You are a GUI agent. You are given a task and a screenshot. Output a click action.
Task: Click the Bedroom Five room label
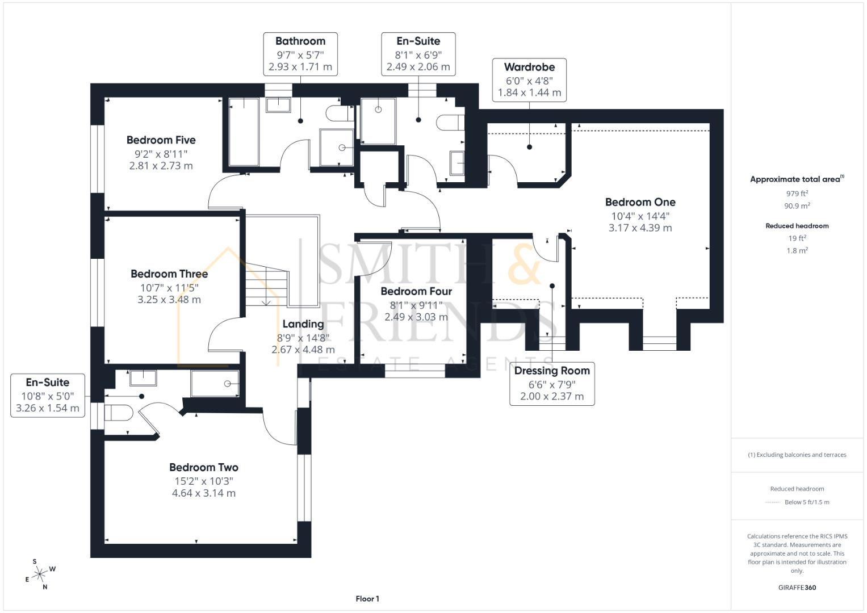click(161, 140)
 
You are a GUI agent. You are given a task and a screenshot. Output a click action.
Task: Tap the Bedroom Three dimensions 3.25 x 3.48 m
click(169, 300)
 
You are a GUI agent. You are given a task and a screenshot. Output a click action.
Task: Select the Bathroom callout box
click(300, 54)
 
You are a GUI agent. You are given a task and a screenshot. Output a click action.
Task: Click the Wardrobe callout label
click(529, 67)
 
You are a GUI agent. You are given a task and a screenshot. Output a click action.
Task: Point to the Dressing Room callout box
click(552, 384)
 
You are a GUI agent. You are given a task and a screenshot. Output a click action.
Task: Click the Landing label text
click(303, 324)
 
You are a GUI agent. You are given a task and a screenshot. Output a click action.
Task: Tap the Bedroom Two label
click(204, 468)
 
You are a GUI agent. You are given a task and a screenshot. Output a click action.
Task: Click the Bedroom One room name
click(640, 202)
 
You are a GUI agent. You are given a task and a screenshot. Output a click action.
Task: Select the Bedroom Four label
click(416, 291)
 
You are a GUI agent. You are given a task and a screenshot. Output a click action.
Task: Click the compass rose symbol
click(39, 574)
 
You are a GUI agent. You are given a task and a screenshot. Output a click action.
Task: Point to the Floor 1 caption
click(367, 599)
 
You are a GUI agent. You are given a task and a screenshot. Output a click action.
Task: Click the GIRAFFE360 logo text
click(797, 587)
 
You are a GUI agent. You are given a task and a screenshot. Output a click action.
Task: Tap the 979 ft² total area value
click(797, 193)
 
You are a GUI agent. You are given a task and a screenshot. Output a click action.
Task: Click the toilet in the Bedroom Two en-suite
click(118, 413)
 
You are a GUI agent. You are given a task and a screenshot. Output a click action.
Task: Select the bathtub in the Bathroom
click(244, 132)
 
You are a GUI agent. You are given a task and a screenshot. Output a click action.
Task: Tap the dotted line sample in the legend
click(772, 502)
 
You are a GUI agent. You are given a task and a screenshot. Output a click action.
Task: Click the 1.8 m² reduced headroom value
click(797, 250)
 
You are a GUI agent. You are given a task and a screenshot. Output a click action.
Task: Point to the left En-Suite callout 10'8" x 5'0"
click(48, 396)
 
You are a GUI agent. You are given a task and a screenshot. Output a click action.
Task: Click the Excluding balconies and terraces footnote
click(797, 455)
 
